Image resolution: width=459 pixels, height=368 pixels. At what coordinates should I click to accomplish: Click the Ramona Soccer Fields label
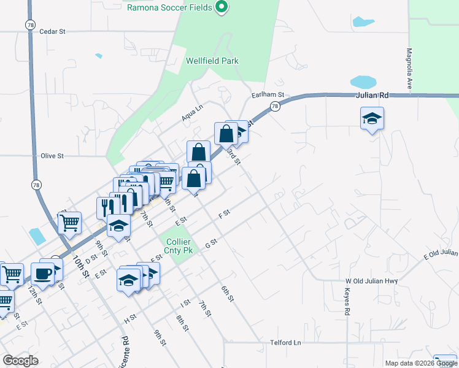point(169,7)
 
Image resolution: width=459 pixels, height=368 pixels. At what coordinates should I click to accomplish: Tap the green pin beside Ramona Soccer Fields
point(222,7)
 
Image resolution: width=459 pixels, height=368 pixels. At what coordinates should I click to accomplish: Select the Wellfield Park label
point(212,61)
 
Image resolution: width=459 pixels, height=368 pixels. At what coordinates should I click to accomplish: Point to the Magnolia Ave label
point(409,69)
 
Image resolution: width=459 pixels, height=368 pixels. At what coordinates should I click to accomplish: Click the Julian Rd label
point(372,96)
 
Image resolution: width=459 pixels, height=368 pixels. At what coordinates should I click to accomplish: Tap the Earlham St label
point(268,95)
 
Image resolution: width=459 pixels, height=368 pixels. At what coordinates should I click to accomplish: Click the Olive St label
point(52,156)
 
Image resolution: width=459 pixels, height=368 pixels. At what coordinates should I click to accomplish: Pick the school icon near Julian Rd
point(372,118)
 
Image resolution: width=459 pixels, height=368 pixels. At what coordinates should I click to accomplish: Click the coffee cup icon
point(42,274)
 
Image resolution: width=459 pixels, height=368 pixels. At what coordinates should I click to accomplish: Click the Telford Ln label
point(287,343)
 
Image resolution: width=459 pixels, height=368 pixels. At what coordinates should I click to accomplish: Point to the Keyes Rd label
point(347,302)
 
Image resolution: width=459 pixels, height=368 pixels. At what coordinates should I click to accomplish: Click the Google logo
point(20,360)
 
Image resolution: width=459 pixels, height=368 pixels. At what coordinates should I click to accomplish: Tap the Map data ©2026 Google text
point(420,363)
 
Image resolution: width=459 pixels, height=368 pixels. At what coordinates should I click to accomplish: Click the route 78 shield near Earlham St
point(274,107)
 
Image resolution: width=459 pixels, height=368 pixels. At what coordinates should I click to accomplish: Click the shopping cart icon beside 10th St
point(70,222)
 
